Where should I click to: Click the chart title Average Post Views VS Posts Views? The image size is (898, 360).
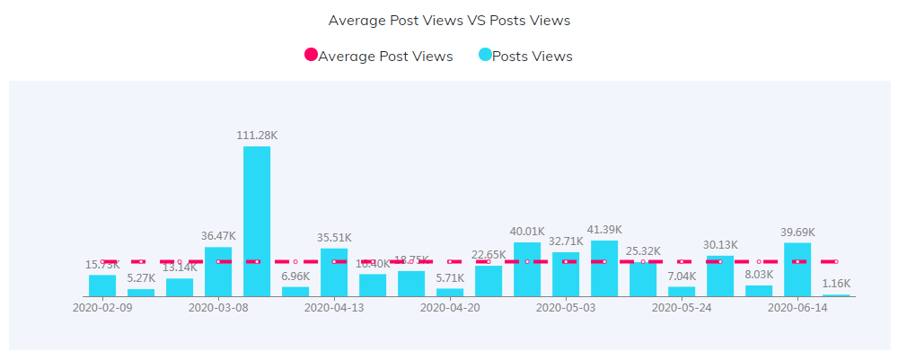(x=449, y=20)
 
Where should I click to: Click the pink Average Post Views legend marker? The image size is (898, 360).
(x=311, y=56)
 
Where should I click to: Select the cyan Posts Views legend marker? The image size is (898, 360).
(x=485, y=56)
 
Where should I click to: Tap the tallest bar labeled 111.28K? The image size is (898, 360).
(x=257, y=221)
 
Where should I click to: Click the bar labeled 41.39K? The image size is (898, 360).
(x=604, y=268)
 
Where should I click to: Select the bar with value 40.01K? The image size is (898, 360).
(x=527, y=269)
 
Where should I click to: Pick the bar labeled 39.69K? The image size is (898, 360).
(x=797, y=269)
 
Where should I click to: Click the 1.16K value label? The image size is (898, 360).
(x=836, y=284)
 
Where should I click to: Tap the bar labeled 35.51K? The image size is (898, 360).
(x=334, y=272)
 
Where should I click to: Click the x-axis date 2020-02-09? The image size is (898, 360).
(x=102, y=307)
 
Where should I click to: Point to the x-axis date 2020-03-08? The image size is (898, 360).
(x=218, y=307)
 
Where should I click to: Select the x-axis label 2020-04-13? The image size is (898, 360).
(x=334, y=307)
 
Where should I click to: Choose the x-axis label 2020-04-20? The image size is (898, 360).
(x=450, y=307)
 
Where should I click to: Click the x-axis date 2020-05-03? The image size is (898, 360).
(x=566, y=307)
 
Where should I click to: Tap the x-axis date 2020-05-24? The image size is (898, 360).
(x=682, y=307)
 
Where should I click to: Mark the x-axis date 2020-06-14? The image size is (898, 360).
(x=797, y=307)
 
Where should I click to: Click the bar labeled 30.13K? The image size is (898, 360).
(x=720, y=276)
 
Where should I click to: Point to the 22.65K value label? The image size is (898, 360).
(x=489, y=254)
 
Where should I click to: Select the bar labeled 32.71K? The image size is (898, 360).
(x=566, y=274)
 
